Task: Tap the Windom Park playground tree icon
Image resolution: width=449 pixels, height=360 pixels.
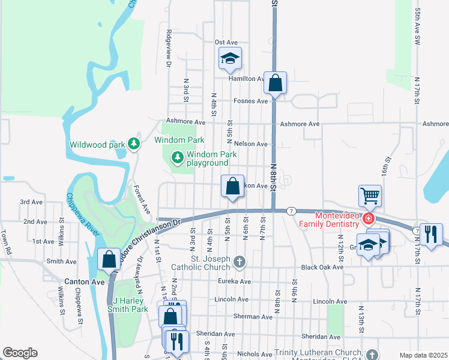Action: pyautogui.click(x=177, y=158)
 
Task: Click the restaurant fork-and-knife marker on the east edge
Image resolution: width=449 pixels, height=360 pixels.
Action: pyautogui.click(x=430, y=234)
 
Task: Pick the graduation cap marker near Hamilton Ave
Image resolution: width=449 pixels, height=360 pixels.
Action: pyautogui.click(x=230, y=58)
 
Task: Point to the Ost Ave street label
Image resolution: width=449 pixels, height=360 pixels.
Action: pyautogui.click(x=226, y=42)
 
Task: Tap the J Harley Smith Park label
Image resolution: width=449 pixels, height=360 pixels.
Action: pyautogui.click(x=127, y=304)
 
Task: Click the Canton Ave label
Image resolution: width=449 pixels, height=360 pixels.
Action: pyautogui.click(x=81, y=281)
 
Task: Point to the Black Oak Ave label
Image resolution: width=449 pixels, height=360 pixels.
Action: pyautogui.click(x=322, y=267)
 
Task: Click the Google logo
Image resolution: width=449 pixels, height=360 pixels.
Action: pyautogui.click(x=20, y=353)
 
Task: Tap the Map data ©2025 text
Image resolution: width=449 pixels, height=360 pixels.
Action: pyautogui.click(x=423, y=355)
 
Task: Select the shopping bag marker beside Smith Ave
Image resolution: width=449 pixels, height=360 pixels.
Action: pyautogui.click(x=109, y=259)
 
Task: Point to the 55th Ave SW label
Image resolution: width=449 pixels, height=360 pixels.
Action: pyautogui.click(x=418, y=28)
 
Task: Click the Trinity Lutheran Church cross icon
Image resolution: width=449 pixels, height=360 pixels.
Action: pyautogui.click(x=372, y=355)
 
